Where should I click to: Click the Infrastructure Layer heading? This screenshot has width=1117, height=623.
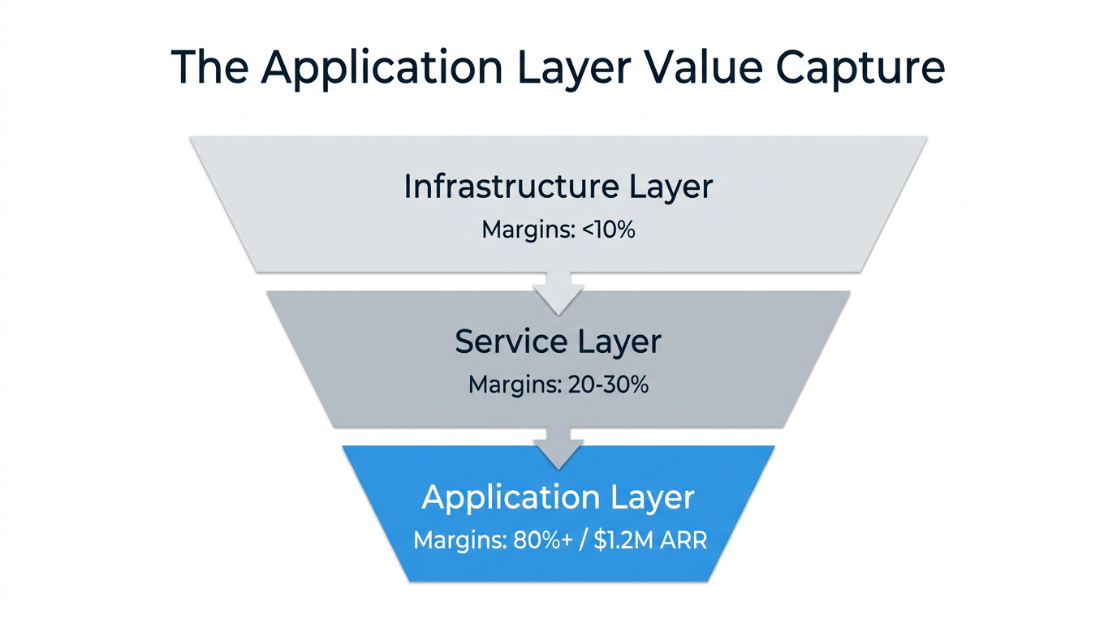tap(558, 187)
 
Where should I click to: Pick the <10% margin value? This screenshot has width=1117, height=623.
tap(609, 230)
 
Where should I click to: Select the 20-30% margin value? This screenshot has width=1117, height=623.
tap(606, 385)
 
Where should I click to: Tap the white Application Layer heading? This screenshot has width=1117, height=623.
tap(558, 496)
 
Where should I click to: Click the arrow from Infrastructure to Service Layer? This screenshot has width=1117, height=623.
tap(558, 294)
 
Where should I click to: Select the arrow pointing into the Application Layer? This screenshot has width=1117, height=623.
tap(558, 449)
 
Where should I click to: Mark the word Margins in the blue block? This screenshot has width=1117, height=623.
tap(457, 540)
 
